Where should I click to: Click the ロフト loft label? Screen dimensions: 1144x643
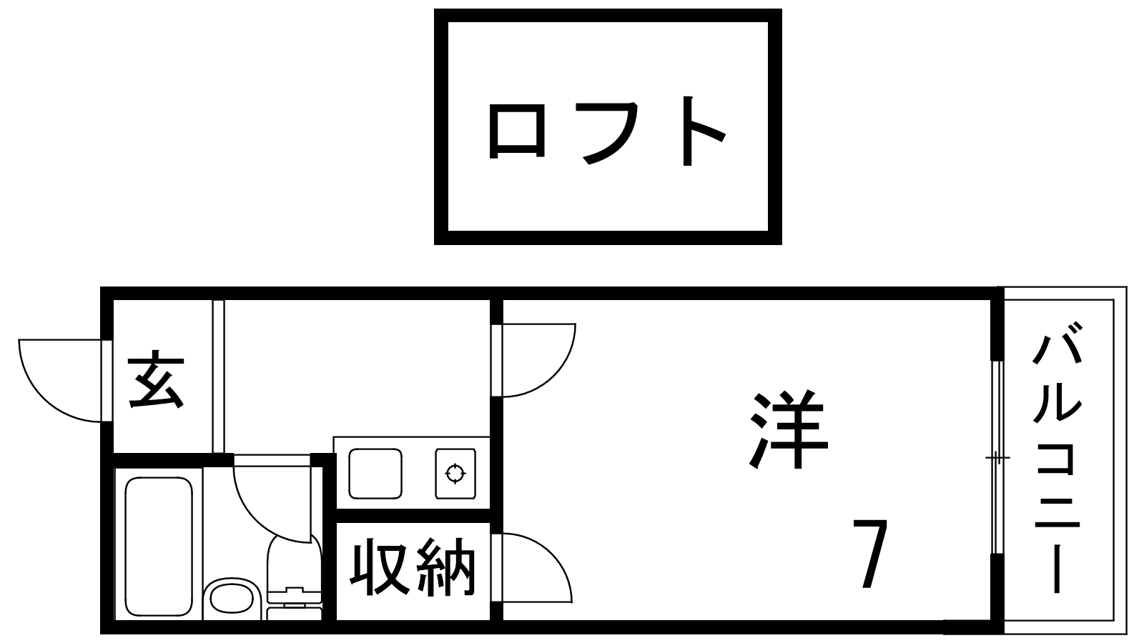coord(607,131)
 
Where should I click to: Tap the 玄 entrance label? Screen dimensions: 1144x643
coord(157,379)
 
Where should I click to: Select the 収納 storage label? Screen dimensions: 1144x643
coord(413,567)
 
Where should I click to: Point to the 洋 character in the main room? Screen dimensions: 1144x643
coord(789,429)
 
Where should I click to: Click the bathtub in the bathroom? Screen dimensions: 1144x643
coord(159,547)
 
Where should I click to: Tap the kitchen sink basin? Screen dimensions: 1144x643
coord(375,474)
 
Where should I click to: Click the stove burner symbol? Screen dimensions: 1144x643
coord(455,473)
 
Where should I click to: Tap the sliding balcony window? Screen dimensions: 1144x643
coord(997,457)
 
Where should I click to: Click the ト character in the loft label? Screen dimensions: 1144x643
coord(704,131)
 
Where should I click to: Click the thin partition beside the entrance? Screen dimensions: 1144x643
coord(219,377)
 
